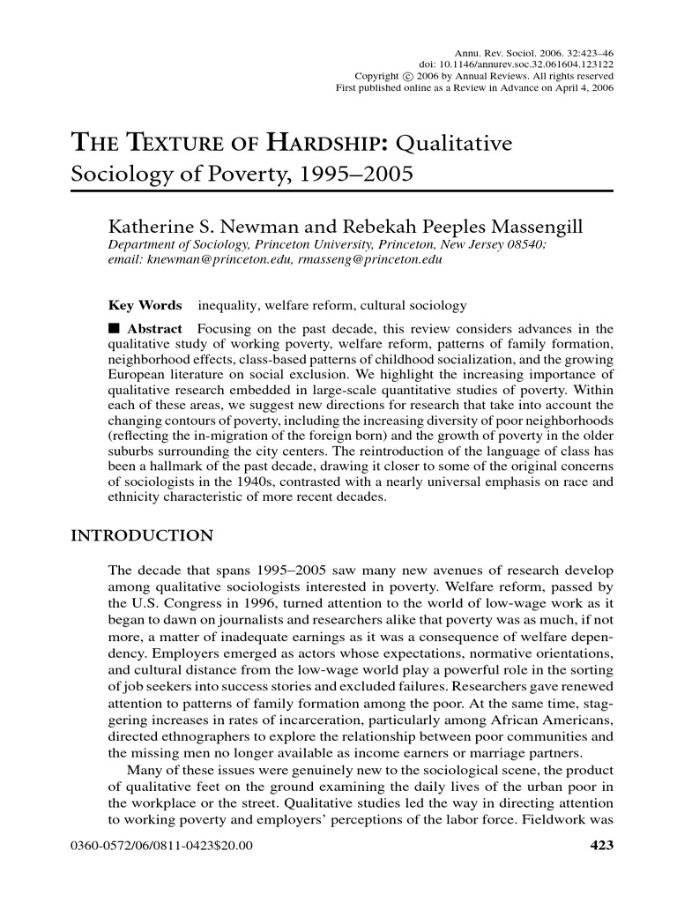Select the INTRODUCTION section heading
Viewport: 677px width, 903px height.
[141, 535]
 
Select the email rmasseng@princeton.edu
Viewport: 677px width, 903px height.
[369, 261]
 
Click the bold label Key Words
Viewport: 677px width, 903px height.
[145, 306]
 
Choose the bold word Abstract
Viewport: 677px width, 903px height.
[155, 328]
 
